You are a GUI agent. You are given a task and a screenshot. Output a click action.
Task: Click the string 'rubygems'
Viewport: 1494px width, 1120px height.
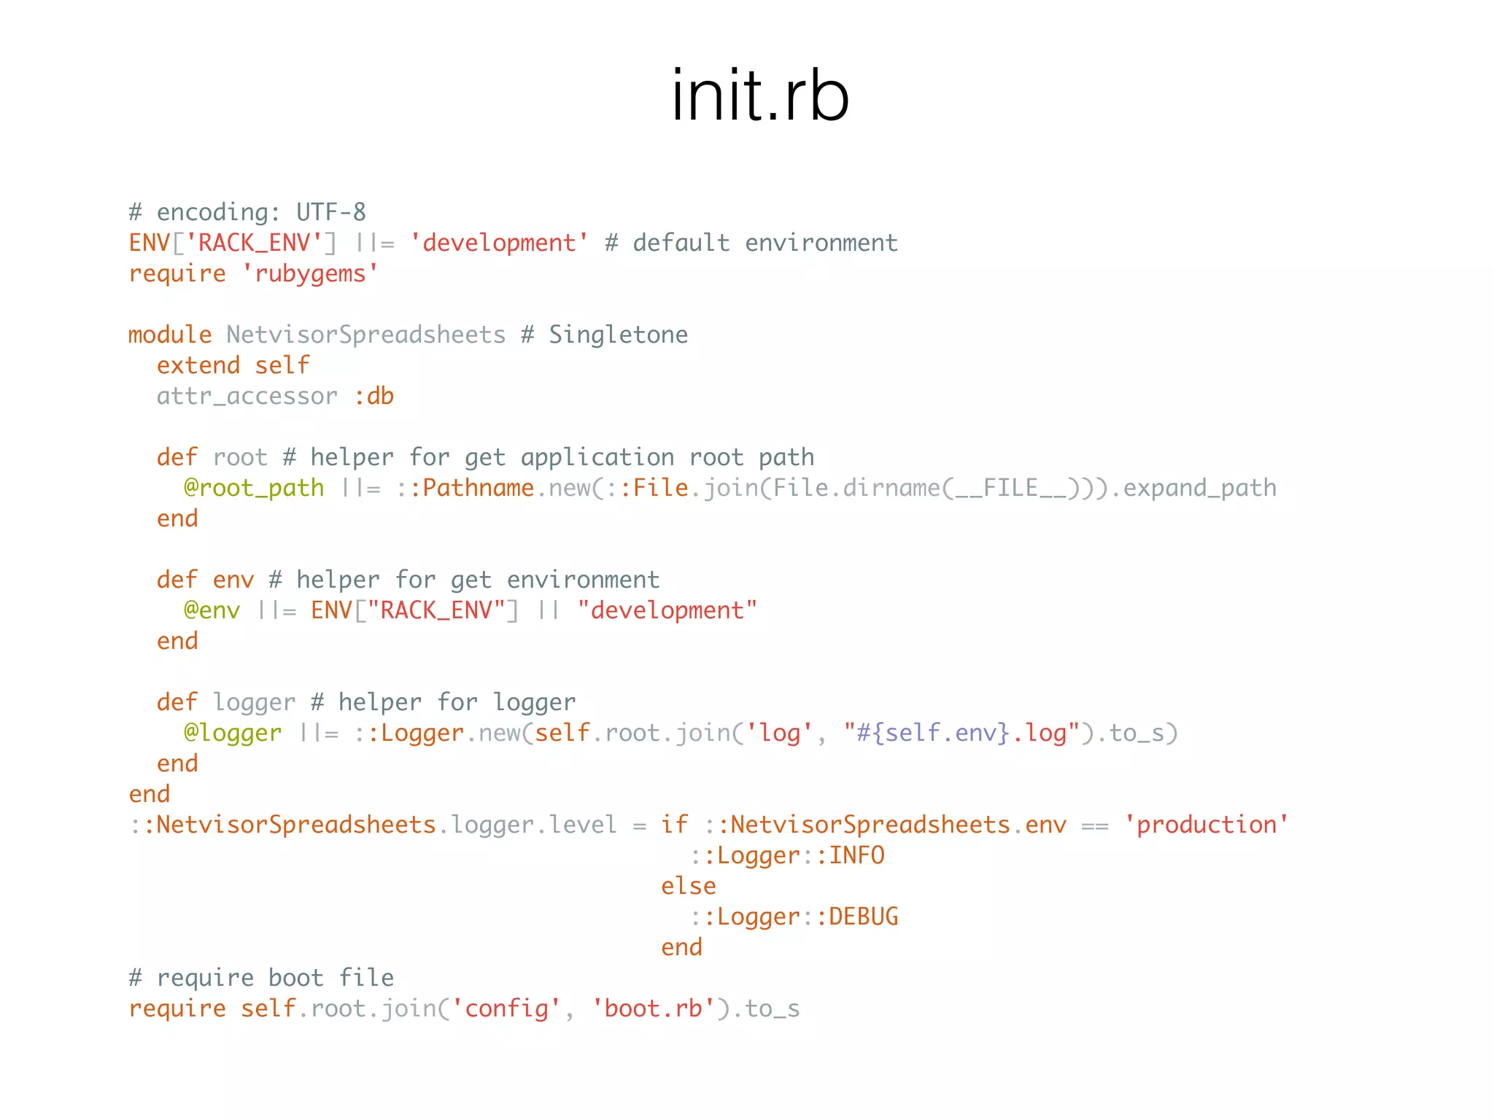[x=310, y=273]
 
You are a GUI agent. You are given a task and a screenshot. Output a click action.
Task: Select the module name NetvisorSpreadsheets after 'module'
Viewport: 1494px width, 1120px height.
[x=365, y=335]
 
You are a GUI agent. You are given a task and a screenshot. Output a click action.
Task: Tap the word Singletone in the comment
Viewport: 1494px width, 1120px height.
[x=618, y=335]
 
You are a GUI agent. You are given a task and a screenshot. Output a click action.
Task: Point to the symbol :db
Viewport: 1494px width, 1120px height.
[x=374, y=396]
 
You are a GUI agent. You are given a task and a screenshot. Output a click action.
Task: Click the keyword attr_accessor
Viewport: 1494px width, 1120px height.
[x=247, y=396]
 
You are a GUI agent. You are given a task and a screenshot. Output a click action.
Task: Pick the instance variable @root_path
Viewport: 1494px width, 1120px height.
[x=254, y=488]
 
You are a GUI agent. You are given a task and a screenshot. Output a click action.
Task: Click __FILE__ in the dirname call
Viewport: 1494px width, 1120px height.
[x=1011, y=488]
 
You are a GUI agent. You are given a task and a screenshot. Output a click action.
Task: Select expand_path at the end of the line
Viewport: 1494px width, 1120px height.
[x=1200, y=488]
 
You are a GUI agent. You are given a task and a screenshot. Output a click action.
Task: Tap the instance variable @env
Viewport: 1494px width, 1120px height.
[x=212, y=610]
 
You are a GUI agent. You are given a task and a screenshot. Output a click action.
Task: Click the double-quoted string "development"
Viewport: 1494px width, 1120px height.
[x=667, y=610]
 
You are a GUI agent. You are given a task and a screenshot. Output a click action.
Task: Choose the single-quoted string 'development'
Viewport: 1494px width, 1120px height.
[x=499, y=243]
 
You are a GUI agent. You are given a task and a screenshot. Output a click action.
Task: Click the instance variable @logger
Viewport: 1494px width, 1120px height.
[x=233, y=733]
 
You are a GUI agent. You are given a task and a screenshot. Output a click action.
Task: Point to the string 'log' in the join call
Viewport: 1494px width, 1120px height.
[x=779, y=733]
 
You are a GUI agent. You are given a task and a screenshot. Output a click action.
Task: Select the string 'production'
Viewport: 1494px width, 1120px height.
[x=1207, y=825]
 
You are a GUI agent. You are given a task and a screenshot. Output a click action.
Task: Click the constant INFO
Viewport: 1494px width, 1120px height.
[x=856, y=855]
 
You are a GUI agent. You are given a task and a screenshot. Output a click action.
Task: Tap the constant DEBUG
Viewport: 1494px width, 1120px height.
[x=863, y=917]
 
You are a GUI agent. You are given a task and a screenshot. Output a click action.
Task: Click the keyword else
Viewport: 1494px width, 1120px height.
[x=688, y=886]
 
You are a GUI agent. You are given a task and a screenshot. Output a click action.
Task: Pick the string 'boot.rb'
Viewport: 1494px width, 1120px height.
[x=653, y=1008]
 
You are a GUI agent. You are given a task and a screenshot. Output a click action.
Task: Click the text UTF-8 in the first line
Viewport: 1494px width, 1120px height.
[x=330, y=212]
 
